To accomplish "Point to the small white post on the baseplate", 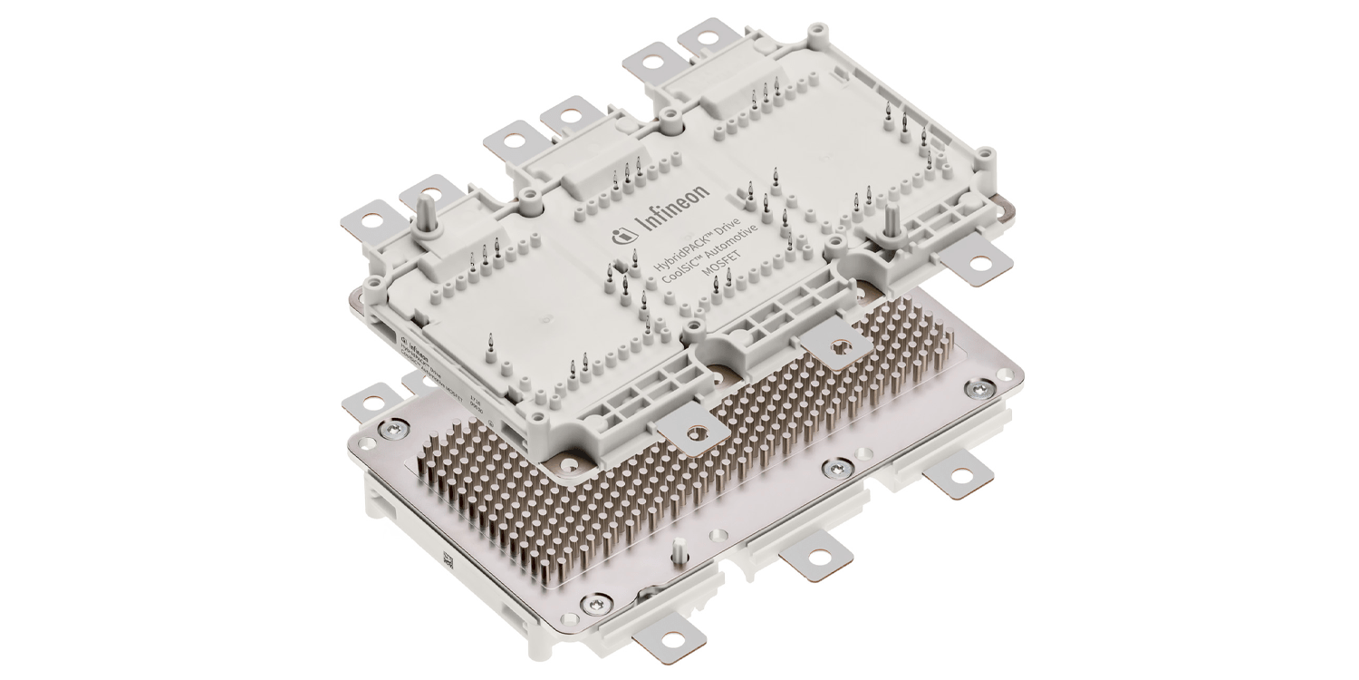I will click(x=677, y=549).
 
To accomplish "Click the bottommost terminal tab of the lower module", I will click(x=666, y=646).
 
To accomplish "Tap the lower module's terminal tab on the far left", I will click(x=372, y=396).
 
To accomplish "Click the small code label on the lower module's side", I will click(x=447, y=562).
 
